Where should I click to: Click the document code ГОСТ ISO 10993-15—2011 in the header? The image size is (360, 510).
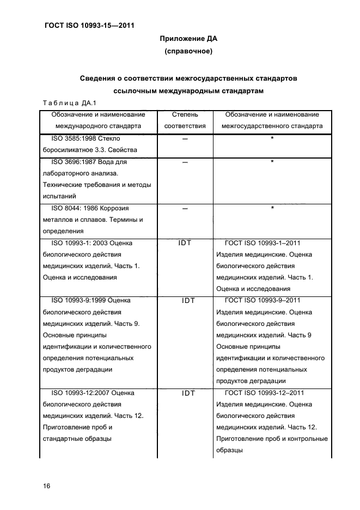(x=88, y=25)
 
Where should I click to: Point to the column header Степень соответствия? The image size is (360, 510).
(x=185, y=120)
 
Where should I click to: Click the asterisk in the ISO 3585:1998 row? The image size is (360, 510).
(x=271, y=139)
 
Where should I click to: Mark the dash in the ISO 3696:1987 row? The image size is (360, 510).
(x=185, y=162)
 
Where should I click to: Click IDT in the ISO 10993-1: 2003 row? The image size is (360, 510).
(x=185, y=243)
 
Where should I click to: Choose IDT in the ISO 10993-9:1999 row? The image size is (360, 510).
(x=185, y=300)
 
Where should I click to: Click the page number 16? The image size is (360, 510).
(x=46, y=486)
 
